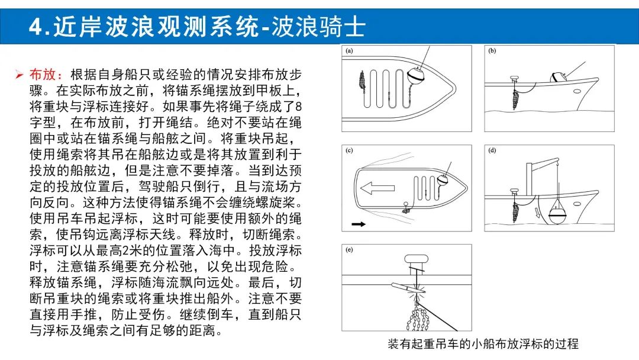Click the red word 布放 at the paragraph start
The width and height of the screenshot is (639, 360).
pyautogui.click(x=43, y=75)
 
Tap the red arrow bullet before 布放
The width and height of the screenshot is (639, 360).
pyautogui.click(x=19, y=75)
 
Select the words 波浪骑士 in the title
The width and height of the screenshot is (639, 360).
pyautogui.click(x=318, y=27)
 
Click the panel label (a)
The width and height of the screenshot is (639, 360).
pyautogui.click(x=349, y=51)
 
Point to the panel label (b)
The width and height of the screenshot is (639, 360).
pyautogui.click(x=492, y=51)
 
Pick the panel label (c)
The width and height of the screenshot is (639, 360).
pyautogui.click(x=349, y=150)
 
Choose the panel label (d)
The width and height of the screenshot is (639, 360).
pyautogui.click(x=492, y=150)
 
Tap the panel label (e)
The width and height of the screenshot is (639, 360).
pyautogui.click(x=349, y=250)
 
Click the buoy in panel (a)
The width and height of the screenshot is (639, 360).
pyautogui.click(x=416, y=75)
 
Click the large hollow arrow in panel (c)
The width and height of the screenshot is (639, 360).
pyautogui.click(x=377, y=188)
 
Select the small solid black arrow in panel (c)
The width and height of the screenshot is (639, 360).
pyautogui.click(x=359, y=224)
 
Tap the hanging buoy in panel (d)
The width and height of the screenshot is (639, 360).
pyautogui.click(x=558, y=211)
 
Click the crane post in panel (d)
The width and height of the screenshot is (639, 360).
pyautogui.click(x=530, y=179)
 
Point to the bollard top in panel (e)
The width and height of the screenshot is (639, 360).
pyautogui.click(x=416, y=259)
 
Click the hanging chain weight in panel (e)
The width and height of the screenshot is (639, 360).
pyautogui.click(x=417, y=318)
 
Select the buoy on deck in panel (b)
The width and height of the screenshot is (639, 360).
pyautogui.click(x=557, y=76)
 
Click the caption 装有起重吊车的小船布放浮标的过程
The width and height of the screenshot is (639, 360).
pyautogui.click(x=483, y=343)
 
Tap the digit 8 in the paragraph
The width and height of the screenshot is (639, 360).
pyautogui.click(x=298, y=107)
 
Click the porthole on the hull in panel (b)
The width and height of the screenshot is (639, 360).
pyautogui.click(x=577, y=91)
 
